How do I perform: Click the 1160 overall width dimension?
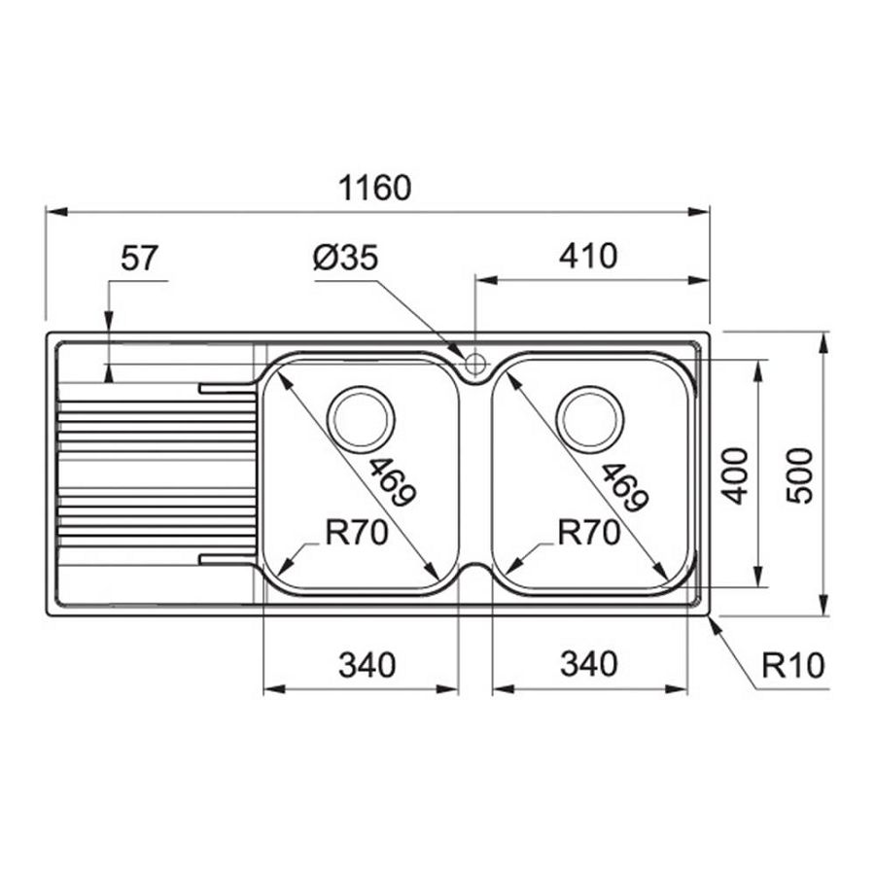pyautogui.click(x=374, y=187)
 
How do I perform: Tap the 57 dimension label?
pyautogui.click(x=138, y=258)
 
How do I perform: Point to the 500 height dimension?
pyautogui.click(x=798, y=474)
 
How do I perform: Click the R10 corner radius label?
pyautogui.click(x=792, y=665)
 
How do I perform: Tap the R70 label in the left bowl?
pyautogui.click(x=355, y=533)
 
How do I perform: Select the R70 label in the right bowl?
pyautogui.click(x=588, y=533)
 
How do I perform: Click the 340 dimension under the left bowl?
pyautogui.click(x=367, y=665)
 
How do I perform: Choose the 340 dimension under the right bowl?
pyautogui.click(x=588, y=665)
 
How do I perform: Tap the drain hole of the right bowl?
pyautogui.click(x=589, y=417)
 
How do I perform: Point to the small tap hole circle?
pyautogui.click(x=475, y=365)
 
